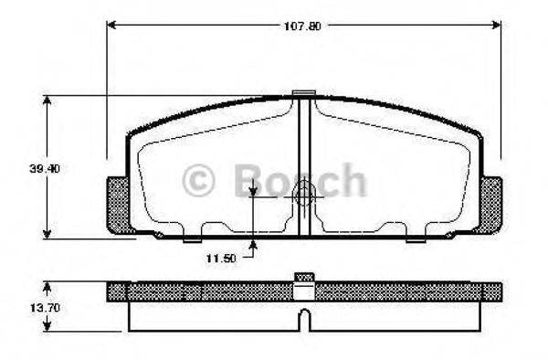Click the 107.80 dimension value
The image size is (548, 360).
click(x=304, y=26)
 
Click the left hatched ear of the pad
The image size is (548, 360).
click(x=120, y=206)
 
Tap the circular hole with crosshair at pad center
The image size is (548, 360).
click(x=304, y=194)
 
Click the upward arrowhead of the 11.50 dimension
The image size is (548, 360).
click(x=253, y=242)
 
